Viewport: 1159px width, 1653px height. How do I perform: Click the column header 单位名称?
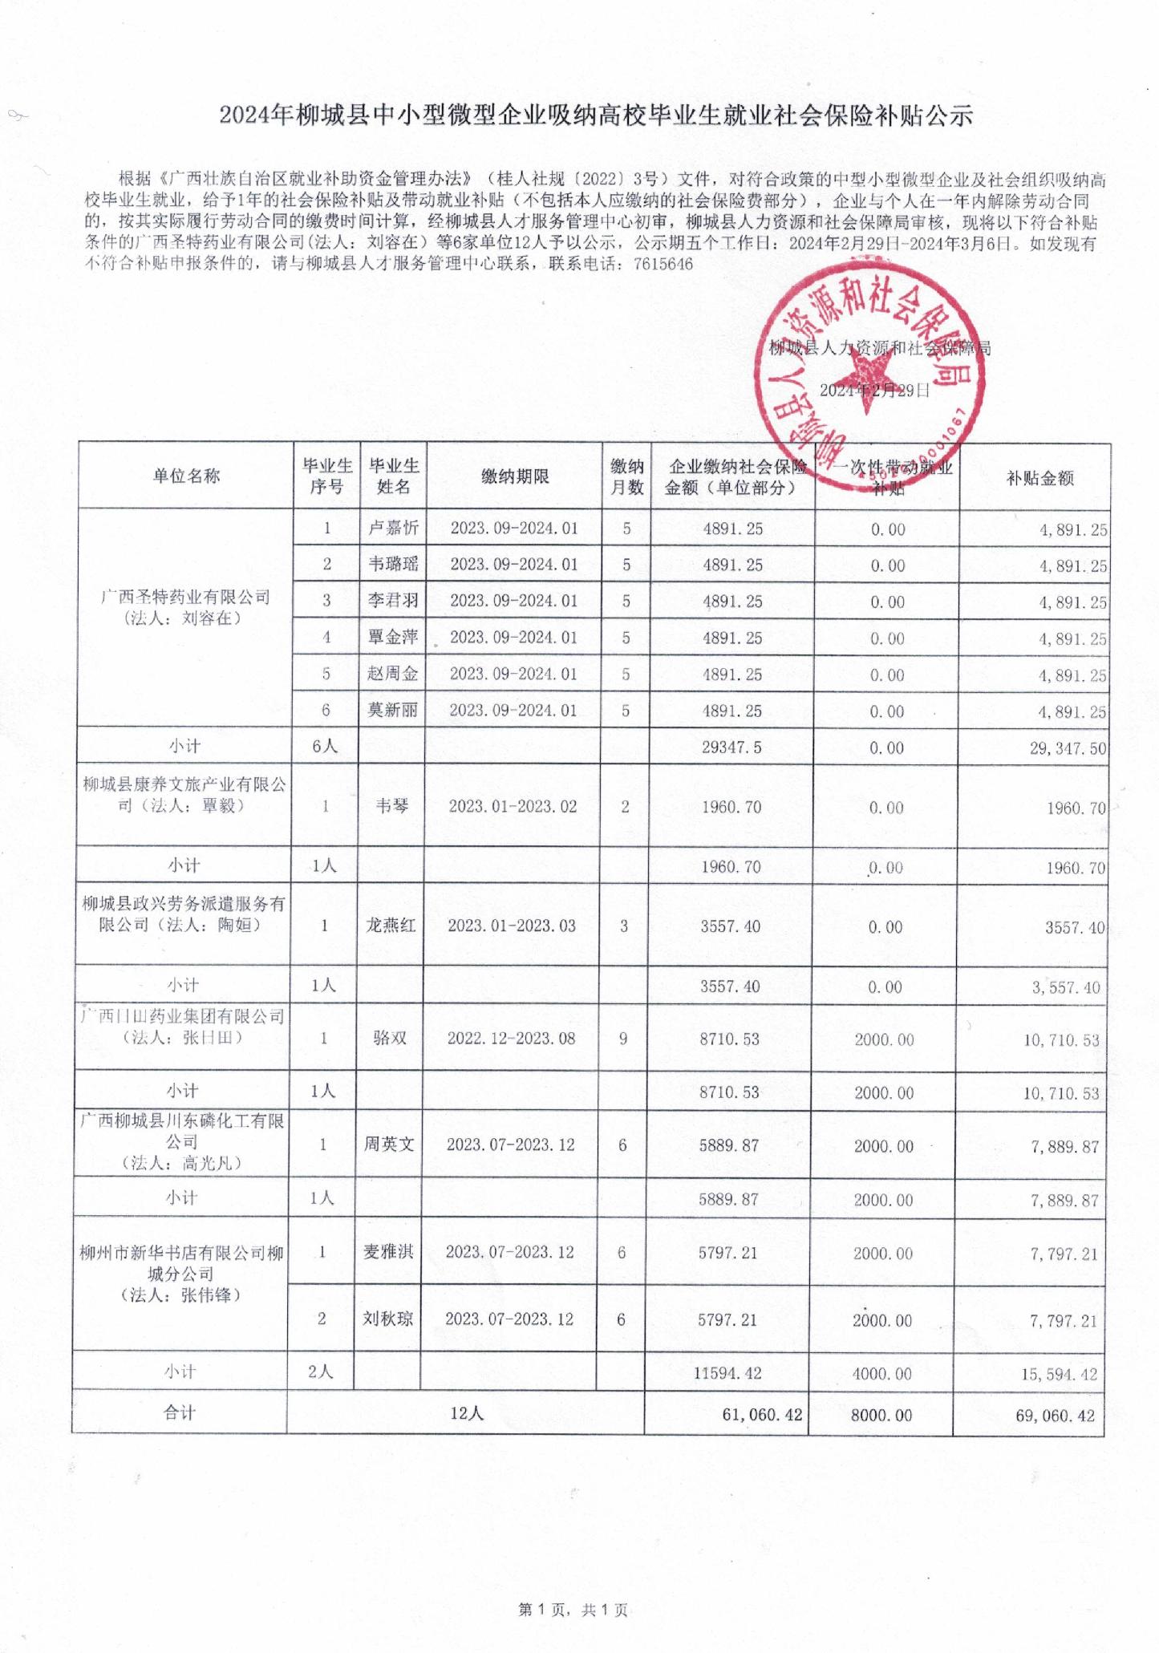186,476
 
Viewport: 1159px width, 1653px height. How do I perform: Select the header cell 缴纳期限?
515,476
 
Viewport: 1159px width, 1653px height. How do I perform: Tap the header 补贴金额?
1039,479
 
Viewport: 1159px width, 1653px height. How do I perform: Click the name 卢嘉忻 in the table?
393,528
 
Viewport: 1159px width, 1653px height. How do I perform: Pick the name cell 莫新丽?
392,710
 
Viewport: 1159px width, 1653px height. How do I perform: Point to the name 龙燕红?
391,926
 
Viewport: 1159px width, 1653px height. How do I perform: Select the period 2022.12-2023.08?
511,1039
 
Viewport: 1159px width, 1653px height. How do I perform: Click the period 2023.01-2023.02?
513,806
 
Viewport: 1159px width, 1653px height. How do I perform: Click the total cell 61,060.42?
762,1415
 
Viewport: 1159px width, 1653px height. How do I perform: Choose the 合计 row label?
180,1413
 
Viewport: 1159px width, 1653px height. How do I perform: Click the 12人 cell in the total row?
466,1413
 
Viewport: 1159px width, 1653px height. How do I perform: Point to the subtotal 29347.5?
731,747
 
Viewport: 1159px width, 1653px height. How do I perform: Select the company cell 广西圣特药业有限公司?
185,607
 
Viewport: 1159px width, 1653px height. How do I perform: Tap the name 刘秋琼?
387,1319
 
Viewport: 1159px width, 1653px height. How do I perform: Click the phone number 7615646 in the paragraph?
663,265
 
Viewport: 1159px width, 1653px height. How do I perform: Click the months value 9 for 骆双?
623,1039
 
